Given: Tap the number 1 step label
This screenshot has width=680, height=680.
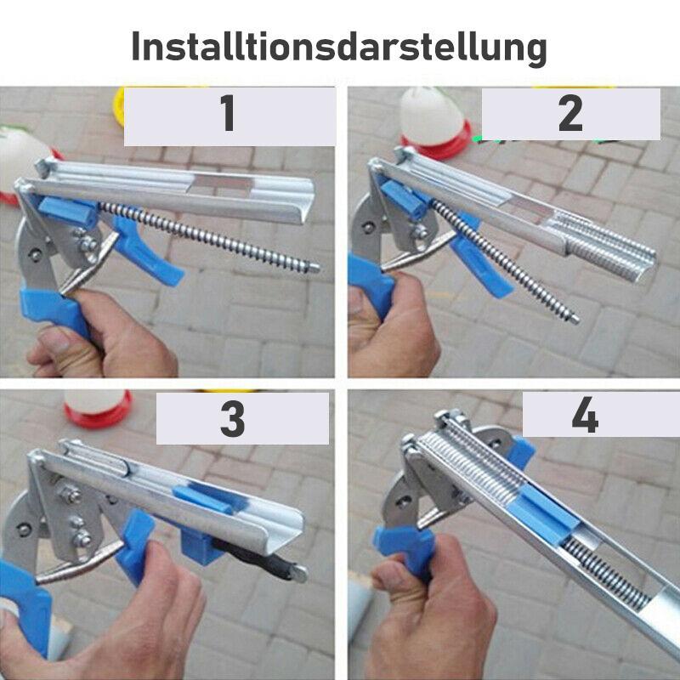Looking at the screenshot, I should pos(229,114).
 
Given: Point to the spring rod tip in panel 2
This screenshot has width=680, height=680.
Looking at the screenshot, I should pos(575,320).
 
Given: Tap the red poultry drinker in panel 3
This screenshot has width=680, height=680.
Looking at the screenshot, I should pos(98,408).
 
